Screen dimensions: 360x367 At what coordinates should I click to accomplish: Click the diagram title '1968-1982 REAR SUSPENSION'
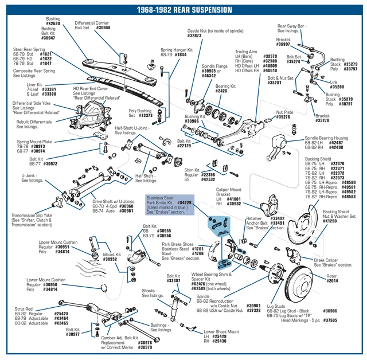pyautogui.click(x=183, y=10)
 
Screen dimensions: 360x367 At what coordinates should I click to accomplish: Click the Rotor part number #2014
pyautogui.click(x=333, y=281)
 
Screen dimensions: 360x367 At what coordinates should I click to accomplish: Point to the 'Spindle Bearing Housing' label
pyautogui.click(x=326, y=138)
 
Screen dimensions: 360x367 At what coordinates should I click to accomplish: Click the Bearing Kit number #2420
pyautogui.click(x=221, y=91)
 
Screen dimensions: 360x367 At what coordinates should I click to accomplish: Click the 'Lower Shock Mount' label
pyautogui.click(x=221, y=331)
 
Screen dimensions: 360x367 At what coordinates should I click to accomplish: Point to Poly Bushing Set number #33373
pyautogui.click(x=137, y=116)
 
